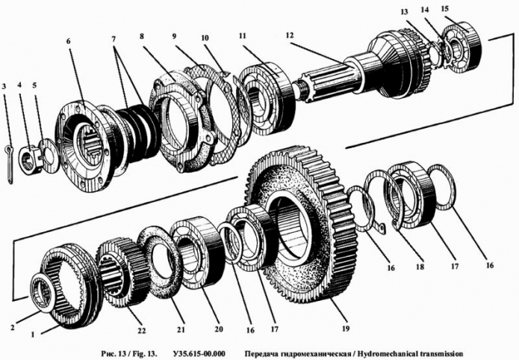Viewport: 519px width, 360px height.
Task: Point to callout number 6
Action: (x=69, y=43)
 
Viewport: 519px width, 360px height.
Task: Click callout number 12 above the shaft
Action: (x=290, y=35)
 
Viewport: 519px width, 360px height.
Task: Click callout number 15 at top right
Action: (x=466, y=8)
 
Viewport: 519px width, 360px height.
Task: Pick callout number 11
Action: (x=243, y=36)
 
